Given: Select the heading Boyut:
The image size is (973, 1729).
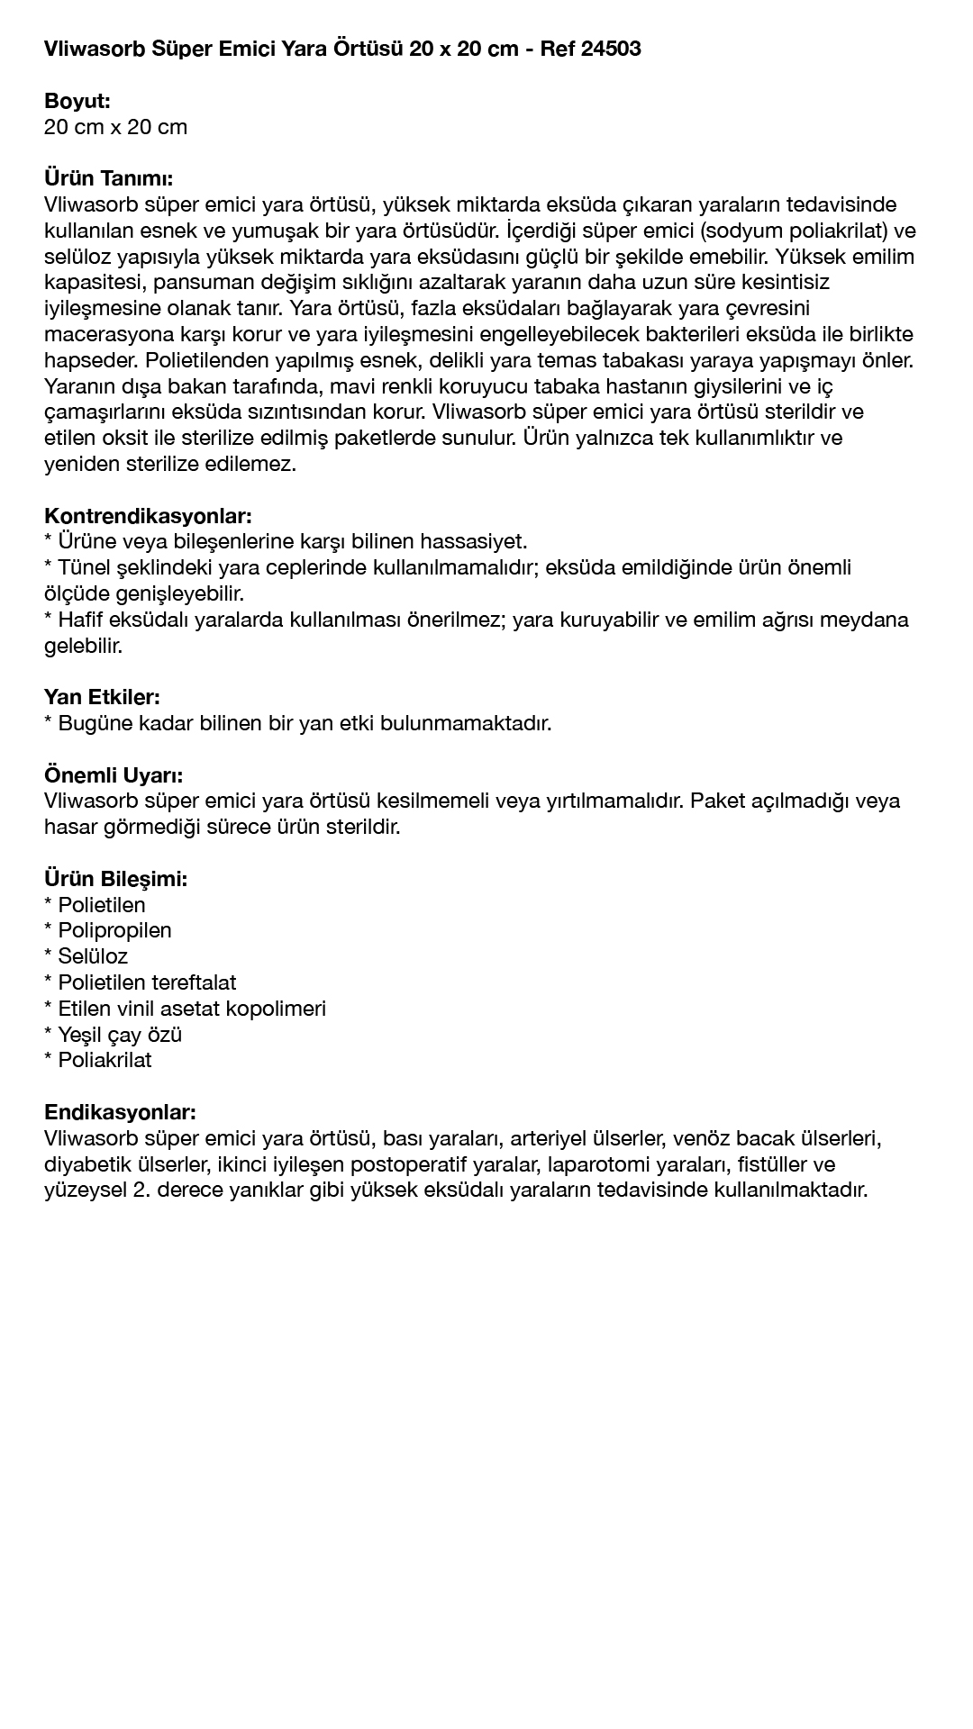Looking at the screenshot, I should pyautogui.click(x=77, y=101).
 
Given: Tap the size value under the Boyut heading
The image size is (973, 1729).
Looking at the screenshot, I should pyautogui.click(x=115, y=127).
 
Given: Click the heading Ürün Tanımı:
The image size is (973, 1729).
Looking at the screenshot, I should pyautogui.click(x=108, y=178).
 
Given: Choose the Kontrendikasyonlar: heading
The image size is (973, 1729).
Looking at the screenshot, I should pyautogui.click(x=148, y=516).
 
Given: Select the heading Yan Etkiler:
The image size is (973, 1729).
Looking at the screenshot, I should pyautogui.click(x=102, y=697).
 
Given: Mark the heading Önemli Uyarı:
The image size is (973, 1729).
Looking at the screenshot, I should pyautogui.click(x=114, y=775).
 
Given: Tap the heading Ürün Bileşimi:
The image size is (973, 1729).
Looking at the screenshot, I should pyautogui.click(x=115, y=879).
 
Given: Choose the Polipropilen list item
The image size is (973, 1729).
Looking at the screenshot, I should pyautogui.click(x=114, y=930).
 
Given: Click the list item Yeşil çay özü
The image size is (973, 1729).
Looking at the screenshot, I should pyautogui.click(x=120, y=1035).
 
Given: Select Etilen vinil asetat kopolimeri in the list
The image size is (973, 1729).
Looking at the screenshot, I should pyautogui.click(x=192, y=1009).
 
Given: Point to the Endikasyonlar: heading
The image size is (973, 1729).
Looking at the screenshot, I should pyautogui.click(x=120, y=1112).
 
